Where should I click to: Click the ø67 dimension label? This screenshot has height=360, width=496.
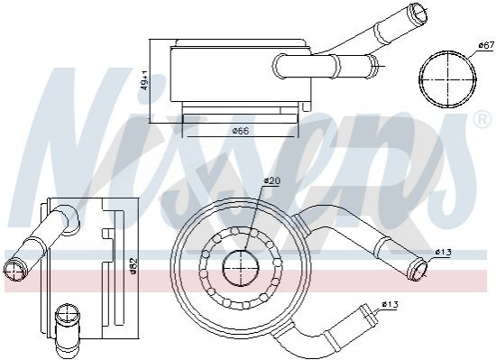[x=486, y=45]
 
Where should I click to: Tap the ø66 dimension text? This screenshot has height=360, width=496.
[x=241, y=131]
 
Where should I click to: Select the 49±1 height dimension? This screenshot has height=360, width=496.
[x=144, y=80]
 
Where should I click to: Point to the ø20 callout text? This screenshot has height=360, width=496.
[x=271, y=181]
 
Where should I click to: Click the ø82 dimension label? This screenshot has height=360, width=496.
[x=133, y=266]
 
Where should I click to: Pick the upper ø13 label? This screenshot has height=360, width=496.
[x=443, y=252]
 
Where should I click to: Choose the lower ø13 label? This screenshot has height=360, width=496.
[x=390, y=305]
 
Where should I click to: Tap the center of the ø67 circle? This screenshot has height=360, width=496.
[x=448, y=78]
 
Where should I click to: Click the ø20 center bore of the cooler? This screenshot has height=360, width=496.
[x=241, y=268]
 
